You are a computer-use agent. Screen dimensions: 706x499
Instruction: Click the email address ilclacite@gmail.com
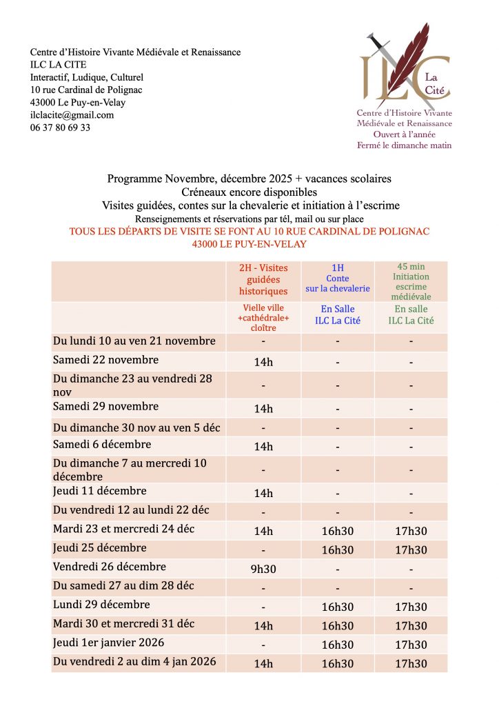coord(72,115)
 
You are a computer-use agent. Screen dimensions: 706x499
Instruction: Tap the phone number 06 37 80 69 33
coord(60,128)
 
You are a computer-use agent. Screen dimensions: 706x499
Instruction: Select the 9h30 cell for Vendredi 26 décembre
coord(263,568)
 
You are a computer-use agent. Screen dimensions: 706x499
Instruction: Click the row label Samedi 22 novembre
coord(105,360)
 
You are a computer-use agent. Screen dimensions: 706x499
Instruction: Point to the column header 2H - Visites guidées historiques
coord(263,280)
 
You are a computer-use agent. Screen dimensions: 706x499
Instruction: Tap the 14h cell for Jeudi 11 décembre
coord(263,493)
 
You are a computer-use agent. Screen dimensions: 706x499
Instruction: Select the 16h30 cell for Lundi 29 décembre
coord(338,607)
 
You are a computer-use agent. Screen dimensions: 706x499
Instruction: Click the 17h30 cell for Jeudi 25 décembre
coord(411,550)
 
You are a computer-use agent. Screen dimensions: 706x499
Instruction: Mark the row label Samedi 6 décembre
coord(102,445)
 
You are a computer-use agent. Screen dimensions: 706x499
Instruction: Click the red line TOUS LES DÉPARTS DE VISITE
coord(249,232)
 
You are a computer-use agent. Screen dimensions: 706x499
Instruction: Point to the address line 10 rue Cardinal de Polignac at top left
coord(86,90)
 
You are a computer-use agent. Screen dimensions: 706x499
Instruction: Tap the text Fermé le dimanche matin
coord(404,145)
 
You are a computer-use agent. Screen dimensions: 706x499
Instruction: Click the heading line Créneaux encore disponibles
coord(249,192)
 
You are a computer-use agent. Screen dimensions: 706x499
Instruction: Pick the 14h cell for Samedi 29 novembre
coord(263,409)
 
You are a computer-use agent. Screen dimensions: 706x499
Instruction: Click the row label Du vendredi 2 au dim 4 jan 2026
coord(134,662)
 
